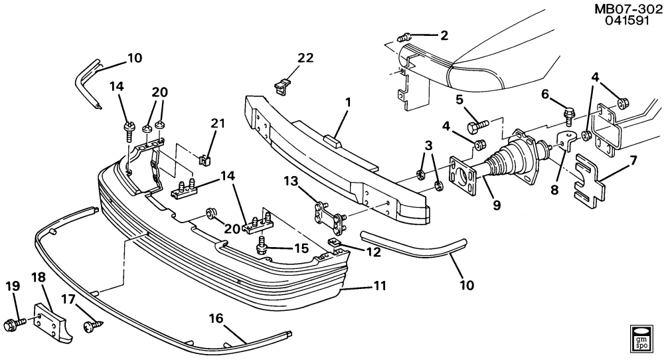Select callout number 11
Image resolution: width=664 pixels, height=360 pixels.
tap(380, 287)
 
